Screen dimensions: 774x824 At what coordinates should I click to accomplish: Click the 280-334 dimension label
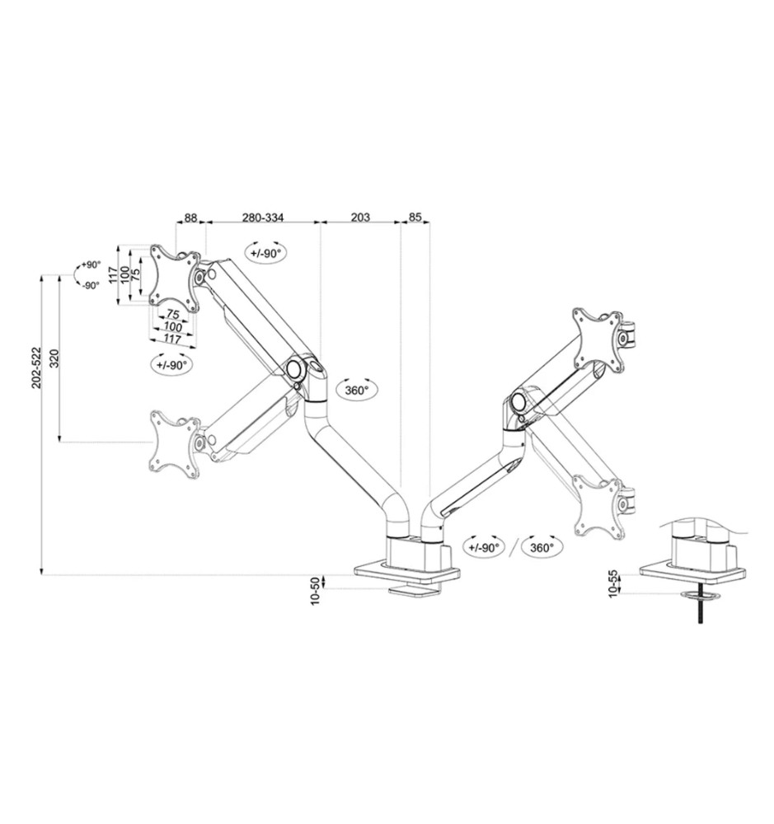tap(262, 217)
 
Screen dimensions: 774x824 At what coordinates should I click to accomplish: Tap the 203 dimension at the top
tap(360, 217)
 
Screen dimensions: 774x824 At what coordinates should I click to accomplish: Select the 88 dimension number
tap(190, 217)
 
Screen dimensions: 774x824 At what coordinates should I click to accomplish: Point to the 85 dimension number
tap(415, 217)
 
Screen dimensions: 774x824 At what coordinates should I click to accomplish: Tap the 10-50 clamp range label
tap(315, 591)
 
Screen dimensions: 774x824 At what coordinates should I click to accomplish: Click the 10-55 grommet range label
tap(612, 583)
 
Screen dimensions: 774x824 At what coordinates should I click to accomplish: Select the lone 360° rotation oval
tap(357, 391)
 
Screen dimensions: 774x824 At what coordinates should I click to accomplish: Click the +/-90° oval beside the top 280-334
tap(265, 253)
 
